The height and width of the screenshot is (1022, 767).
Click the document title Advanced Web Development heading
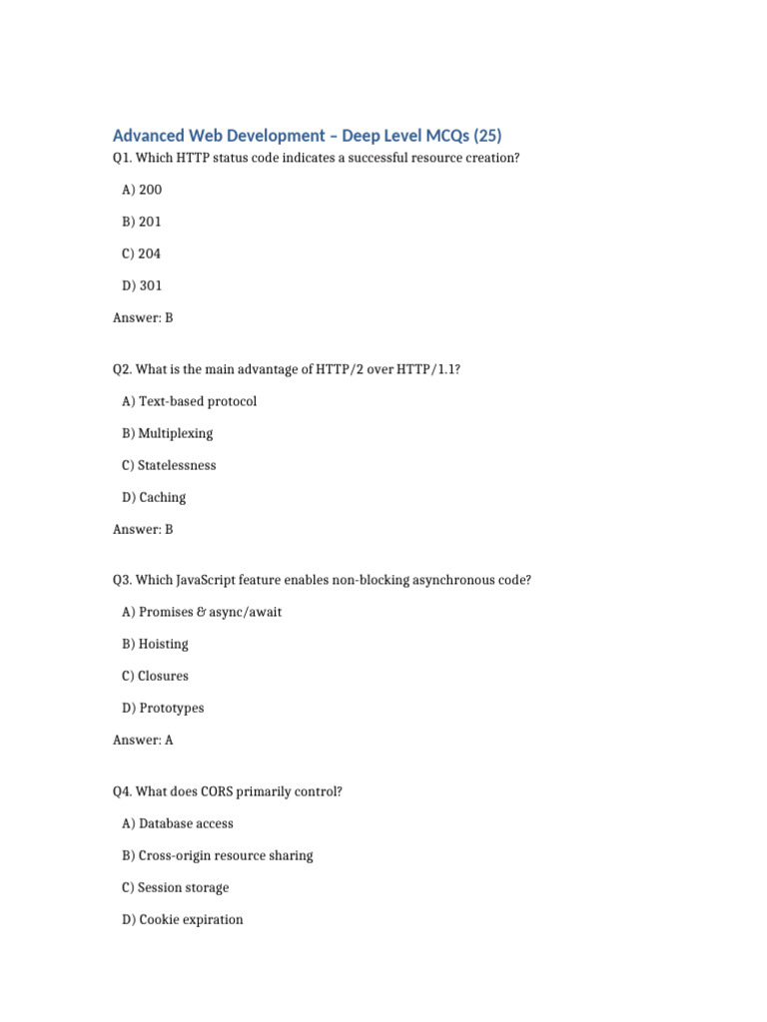click(308, 136)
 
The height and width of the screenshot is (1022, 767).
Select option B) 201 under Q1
click(142, 222)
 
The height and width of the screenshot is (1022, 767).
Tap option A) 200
click(142, 190)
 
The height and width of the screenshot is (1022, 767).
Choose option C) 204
click(141, 254)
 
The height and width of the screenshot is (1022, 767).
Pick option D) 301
click(142, 285)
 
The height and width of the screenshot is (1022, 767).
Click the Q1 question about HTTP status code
click(317, 158)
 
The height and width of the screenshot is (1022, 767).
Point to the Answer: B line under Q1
click(143, 317)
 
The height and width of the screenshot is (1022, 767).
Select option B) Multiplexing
click(168, 433)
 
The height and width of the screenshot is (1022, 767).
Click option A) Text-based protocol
click(189, 401)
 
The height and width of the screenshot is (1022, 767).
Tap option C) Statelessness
click(169, 465)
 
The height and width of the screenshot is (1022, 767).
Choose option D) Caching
click(154, 497)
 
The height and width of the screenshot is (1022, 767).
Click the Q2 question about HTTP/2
click(288, 369)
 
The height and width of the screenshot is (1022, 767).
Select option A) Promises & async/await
click(202, 612)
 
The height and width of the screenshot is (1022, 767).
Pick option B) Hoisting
click(155, 644)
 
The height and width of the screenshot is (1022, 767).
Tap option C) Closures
click(155, 676)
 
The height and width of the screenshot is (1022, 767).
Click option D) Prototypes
click(163, 708)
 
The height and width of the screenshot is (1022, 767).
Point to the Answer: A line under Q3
click(143, 740)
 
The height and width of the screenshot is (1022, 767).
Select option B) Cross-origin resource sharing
click(218, 855)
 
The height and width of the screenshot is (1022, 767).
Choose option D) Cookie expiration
click(182, 919)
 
